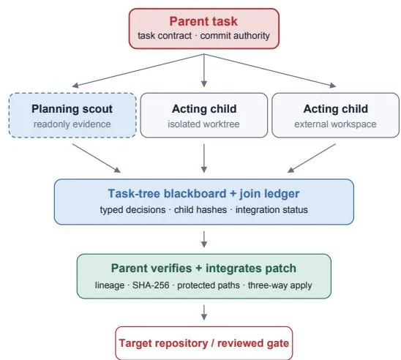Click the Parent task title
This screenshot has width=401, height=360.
[203, 21]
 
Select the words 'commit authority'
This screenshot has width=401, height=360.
[235, 36]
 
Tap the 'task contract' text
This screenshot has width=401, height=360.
[165, 36]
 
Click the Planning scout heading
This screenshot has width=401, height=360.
[72, 109]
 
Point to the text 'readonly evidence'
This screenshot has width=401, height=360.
[72, 124]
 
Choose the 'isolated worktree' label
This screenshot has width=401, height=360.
[203, 124]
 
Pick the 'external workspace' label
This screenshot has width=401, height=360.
[335, 124]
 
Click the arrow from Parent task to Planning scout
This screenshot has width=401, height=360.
[138, 70]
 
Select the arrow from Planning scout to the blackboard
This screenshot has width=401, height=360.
[97, 158]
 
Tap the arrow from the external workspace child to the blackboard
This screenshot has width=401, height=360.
[312, 158]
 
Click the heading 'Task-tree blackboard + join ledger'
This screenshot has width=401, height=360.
[203, 194]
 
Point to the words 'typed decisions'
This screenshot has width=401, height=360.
[132, 210]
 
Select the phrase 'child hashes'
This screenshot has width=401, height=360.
[200, 210]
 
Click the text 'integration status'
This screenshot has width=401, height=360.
[271, 210]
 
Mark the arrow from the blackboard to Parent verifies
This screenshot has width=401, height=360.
[204, 239]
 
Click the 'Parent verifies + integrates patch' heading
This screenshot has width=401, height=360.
[203, 269]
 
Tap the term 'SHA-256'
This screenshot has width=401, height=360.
[151, 285]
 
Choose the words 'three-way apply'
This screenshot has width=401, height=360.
[280, 285]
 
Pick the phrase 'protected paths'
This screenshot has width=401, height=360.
[209, 285]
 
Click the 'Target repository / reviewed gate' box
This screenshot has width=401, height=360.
[204, 343]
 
